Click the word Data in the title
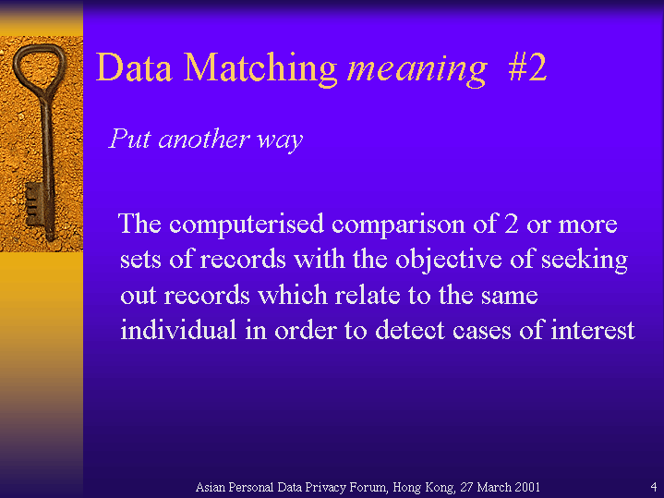click(x=134, y=67)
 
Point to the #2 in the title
click(x=527, y=67)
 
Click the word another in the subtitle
click(x=204, y=139)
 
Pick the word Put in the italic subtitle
click(x=129, y=139)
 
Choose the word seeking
click(x=585, y=260)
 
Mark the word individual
click(x=178, y=330)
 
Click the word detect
click(x=410, y=330)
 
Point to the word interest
click(x=593, y=330)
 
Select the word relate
click(x=368, y=294)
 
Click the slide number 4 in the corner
click(x=654, y=486)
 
